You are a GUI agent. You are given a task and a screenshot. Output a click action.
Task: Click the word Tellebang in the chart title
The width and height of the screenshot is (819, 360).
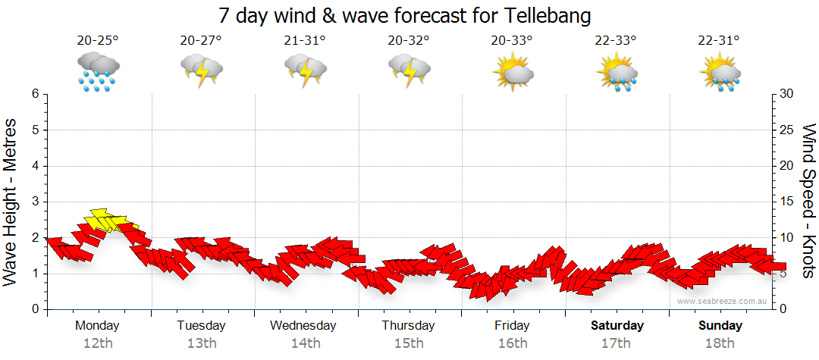click(545, 15)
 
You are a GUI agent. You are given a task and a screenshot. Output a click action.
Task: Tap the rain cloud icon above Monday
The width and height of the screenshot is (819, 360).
click(98, 70)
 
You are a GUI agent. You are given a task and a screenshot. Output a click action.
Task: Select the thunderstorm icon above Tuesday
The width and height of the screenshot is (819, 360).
click(201, 70)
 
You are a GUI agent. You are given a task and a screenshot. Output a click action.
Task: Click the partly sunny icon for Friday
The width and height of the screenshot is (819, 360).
click(513, 72)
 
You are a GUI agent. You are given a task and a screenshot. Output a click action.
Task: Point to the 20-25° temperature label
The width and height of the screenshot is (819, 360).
click(98, 41)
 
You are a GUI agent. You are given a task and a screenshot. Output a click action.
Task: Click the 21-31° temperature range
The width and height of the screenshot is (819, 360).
click(305, 41)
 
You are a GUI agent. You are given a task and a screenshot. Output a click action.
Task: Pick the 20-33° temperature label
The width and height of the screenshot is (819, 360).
click(513, 41)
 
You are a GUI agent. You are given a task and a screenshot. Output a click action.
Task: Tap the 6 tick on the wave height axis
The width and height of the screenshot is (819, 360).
click(35, 94)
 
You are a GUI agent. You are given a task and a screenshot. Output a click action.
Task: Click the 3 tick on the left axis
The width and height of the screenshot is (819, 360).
click(35, 202)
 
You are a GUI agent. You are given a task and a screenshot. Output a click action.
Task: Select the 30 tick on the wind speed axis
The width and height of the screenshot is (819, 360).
click(786, 94)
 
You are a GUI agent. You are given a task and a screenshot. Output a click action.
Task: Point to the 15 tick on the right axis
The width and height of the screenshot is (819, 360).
click(786, 202)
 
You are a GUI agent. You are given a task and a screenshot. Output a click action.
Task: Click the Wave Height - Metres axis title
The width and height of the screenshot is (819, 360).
click(11, 202)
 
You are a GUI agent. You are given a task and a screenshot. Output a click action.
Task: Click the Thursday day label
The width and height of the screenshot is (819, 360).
click(409, 326)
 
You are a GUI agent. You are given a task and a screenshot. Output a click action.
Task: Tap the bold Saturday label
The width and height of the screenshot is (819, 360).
click(617, 326)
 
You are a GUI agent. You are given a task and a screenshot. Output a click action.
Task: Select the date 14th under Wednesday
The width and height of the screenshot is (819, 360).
click(305, 343)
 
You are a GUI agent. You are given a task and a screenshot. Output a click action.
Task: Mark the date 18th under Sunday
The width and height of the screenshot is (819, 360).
click(720, 343)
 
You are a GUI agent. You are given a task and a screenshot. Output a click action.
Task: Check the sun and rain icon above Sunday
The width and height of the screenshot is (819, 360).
click(720, 72)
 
